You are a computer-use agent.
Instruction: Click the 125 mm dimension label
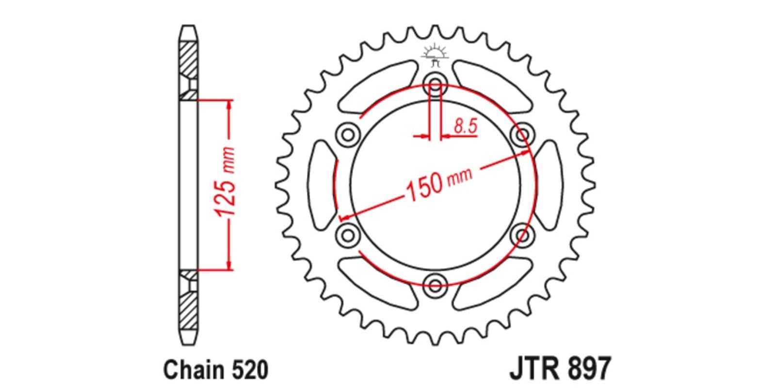tap(226, 182)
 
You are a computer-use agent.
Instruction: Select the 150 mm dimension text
tap(439, 185)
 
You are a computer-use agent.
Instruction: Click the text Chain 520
tap(216, 370)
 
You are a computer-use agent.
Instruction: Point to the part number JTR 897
tap(560, 369)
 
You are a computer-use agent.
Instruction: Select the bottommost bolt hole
tap(436, 286)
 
